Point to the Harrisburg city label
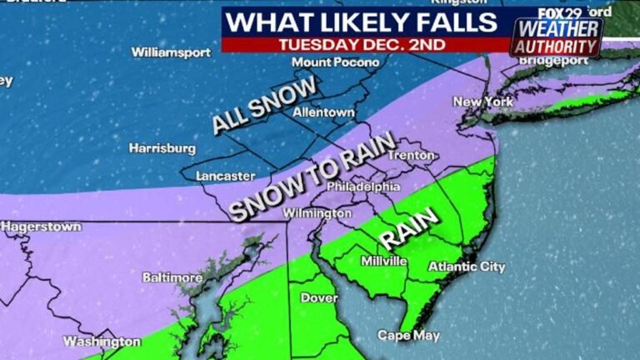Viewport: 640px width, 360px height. point(162,148)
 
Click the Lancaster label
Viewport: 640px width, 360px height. point(225,176)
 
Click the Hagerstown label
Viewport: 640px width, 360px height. point(41,226)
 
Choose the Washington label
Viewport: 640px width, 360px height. point(102,342)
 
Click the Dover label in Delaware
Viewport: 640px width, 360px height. point(317,297)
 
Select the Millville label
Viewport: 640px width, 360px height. point(383,261)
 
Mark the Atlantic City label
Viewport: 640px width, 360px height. point(466,267)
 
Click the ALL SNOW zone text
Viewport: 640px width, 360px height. point(264,105)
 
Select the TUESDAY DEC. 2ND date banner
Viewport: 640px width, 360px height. point(363,43)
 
